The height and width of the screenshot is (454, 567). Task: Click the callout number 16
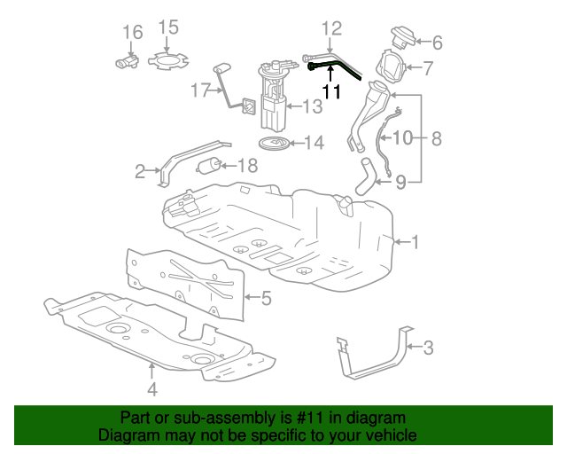tap(132, 33)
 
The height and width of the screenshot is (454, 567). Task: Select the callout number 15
tap(168, 27)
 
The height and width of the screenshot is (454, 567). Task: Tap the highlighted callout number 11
tap(330, 90)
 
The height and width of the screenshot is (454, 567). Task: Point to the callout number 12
tap(330, 28)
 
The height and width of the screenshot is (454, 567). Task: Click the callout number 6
tap(437, 41)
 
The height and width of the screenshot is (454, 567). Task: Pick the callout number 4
tap(151, 388)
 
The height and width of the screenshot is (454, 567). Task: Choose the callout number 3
tap(428, 348)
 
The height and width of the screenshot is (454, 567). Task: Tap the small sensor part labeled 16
tap(126, 61)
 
